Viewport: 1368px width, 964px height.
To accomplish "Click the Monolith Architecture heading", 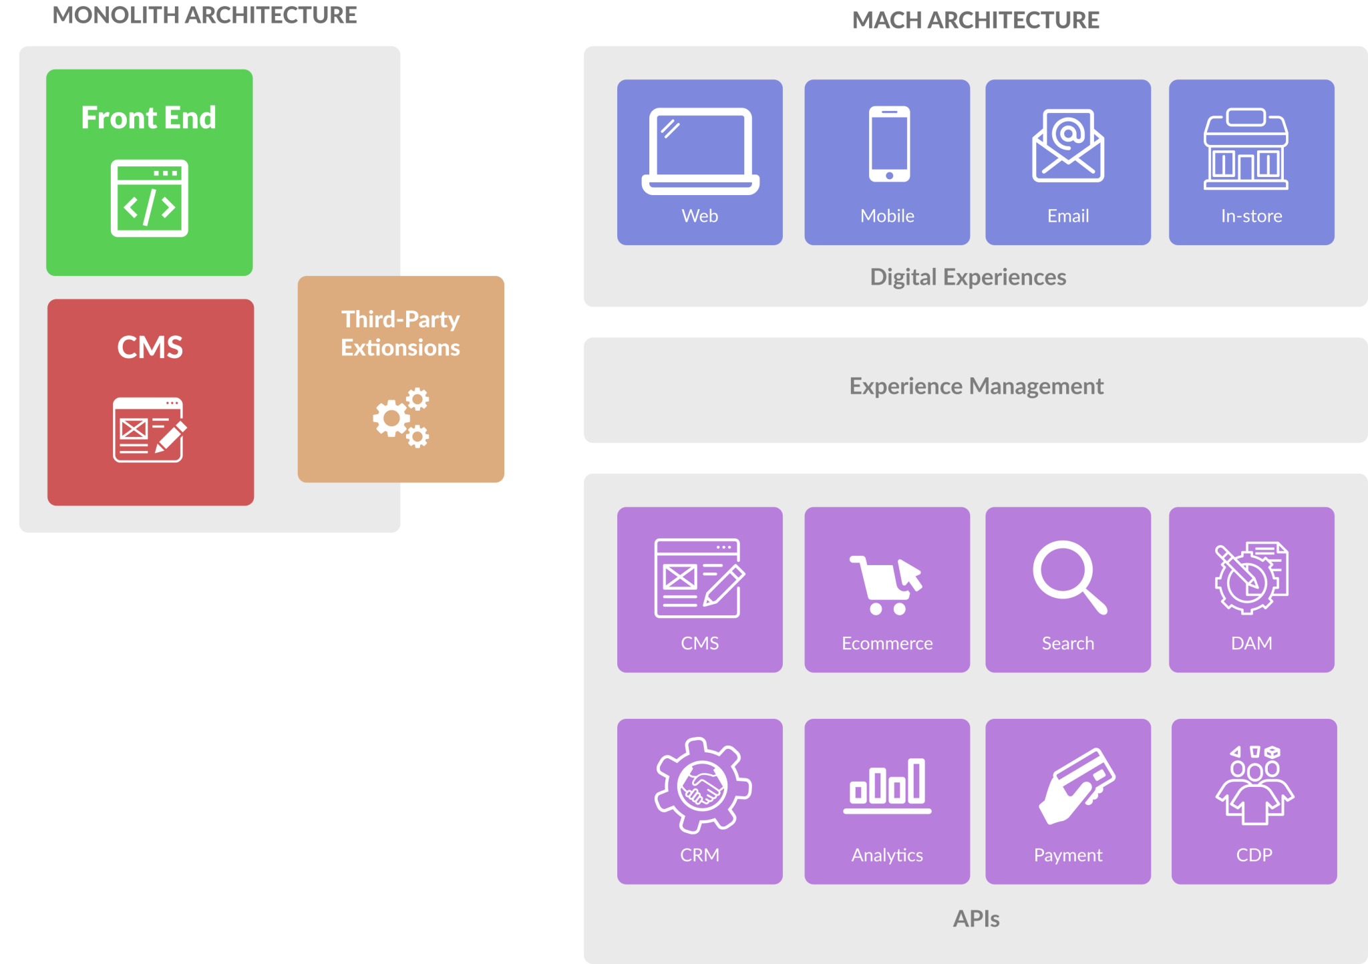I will [x=204, y=15].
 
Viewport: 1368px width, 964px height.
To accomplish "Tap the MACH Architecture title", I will [x=975, y=20].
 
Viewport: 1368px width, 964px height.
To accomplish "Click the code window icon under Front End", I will [x=150, y=198].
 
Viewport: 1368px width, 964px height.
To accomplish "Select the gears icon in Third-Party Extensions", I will [x=401, y=418].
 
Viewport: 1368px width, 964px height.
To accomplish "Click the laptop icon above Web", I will [x=700, y=151].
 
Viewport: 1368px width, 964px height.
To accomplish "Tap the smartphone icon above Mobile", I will [x=889, y=144].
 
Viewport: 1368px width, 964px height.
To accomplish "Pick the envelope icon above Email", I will [x=1068, y=146].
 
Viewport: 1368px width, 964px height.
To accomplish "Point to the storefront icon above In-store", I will [x=1246, y=150].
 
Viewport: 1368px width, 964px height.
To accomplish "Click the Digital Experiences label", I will [x=968, y=277].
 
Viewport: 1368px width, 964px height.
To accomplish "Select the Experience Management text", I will [x=976, y=386].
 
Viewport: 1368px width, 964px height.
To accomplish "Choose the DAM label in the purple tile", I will [x=1251, y=643].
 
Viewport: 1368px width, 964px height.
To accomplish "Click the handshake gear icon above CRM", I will [x=703, y=785].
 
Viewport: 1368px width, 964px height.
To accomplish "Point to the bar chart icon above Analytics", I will [x=887, y=786].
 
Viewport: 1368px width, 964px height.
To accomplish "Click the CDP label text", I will [x=1254, y=855].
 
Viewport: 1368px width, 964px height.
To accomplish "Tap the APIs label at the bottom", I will [x=976, y=919].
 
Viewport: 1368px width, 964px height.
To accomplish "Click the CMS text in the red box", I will [x=150, y=347].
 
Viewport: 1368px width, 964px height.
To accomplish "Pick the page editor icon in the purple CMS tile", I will [x=699, y=578].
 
